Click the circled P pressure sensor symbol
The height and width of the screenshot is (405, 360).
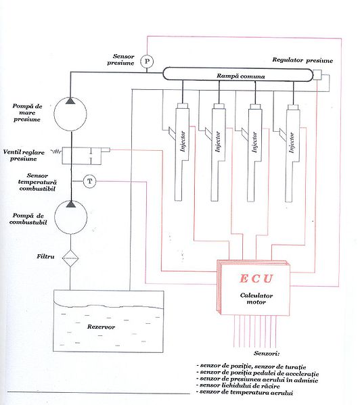click(147, 62)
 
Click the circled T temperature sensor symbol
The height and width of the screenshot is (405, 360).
click(89, 181)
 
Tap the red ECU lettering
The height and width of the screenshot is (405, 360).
click(256, 279)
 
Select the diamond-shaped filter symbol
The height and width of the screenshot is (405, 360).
click(70, 258)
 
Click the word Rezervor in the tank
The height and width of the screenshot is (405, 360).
click(101, 327)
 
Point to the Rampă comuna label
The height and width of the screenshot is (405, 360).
click(241, 76)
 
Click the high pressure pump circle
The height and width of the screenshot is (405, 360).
click(70, 114)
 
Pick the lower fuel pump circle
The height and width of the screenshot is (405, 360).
click(70, 218)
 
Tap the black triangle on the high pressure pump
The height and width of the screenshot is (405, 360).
click(70, 101)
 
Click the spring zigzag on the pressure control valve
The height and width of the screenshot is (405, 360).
click(57, 151)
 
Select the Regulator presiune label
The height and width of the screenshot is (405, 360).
click(302, 60)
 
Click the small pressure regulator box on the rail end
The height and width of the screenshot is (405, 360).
click(317, 74)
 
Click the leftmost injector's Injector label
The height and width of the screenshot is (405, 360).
click(183, 141)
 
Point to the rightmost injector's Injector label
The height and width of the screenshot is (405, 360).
click(292, 143)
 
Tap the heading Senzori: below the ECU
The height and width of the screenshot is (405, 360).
click(267, 354)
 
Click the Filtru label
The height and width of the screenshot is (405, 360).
click(45, 256)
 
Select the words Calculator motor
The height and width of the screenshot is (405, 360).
click(256, 299)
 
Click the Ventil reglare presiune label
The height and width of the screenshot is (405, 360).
click(24, 156)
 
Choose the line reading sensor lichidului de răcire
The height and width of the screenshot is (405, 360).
click(240, 386)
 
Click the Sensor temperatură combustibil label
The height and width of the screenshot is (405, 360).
click(37, 182)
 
